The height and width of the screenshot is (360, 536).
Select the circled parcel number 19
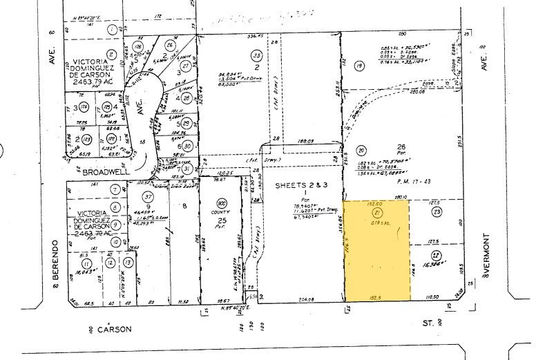click(358, 66)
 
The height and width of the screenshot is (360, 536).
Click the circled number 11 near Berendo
click(86, 263)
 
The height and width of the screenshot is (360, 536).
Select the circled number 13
click(128, 263)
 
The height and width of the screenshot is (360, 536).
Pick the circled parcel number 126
click(140, 47)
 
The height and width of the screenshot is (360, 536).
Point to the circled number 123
click(86, 139)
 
